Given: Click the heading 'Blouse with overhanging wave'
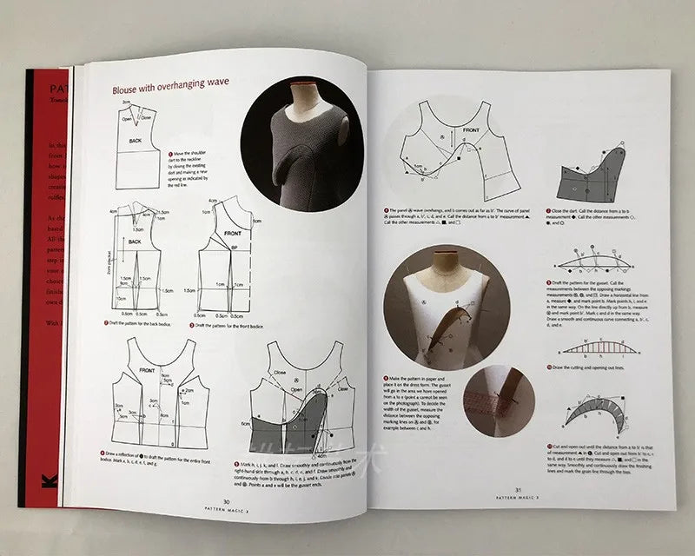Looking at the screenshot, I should (170, 89).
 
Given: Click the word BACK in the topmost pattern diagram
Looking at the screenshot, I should (135, 139).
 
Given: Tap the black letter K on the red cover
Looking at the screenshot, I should (43, 479).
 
